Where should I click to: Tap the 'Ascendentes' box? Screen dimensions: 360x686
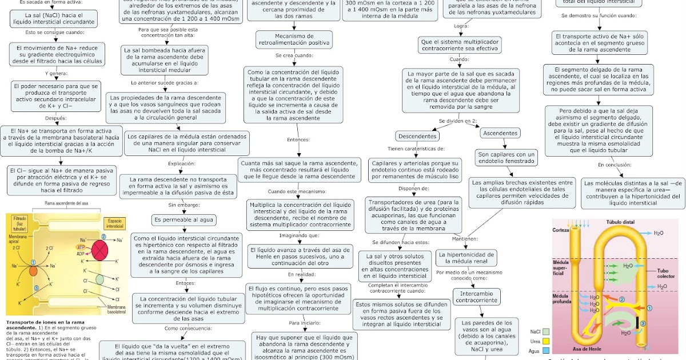pos(500,133)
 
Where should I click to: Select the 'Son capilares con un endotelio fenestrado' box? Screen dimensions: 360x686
pos(506,158)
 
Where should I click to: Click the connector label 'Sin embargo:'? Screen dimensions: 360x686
pos(184,205)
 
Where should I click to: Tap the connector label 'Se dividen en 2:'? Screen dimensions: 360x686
pos(458,121)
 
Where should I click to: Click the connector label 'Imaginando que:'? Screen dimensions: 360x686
pos(299,235)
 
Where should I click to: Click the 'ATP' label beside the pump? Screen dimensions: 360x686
pos(81,247)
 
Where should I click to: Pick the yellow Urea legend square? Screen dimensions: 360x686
pos(547,341)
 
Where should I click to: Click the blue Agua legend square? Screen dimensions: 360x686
pos(547,351)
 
